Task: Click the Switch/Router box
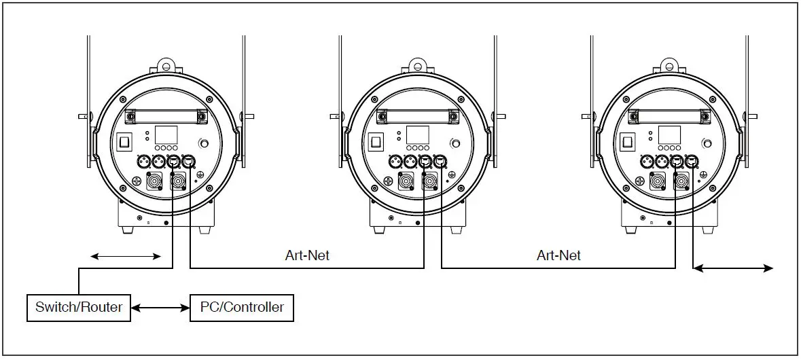point(79,308)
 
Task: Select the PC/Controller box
point(242,308)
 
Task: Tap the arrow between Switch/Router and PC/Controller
point(160,308)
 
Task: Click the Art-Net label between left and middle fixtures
point(307,256)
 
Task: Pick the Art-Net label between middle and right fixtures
point(558,256)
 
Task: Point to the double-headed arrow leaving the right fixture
point(732,268)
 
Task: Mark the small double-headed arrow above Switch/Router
point(126,256)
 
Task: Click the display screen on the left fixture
point(166,134)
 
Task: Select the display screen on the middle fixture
point(418,134)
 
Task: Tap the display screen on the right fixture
point(669,134)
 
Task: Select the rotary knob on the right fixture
point(708,143)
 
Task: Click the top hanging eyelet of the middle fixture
point(418,67)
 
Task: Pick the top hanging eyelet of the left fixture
point(166,67)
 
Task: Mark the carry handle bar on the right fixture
point(669,115)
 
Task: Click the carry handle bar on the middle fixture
point(418,115)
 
